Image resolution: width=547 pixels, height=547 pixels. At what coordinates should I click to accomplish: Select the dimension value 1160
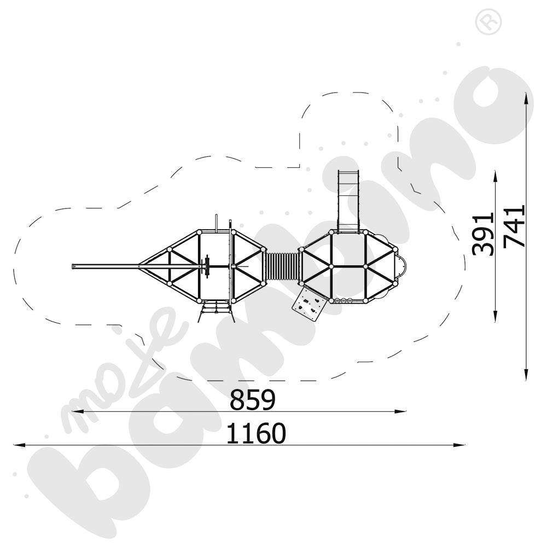point(256,433)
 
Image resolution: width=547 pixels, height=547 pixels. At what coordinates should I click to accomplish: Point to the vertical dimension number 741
point(514,226)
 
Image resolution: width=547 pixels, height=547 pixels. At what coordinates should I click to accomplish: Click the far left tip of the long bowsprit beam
point(72,267)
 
